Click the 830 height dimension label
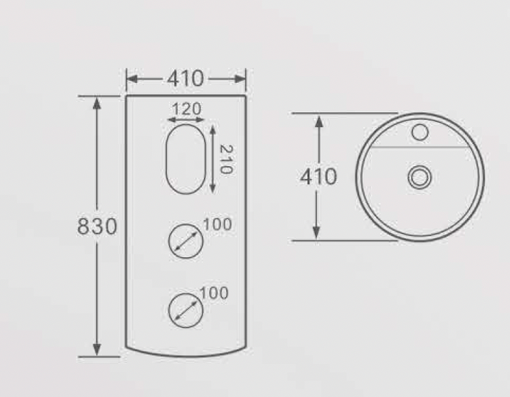[x=97, y=227]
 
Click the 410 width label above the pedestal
[x=185, y=79]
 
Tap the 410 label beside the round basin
[x=318, y=177]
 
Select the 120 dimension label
[x=187, y=109]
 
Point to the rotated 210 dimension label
[x=226, y=160]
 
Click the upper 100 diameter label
[x=217, y=224]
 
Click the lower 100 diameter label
[x=214, y=294]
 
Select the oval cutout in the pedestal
[x=186, y=159]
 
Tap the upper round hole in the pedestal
[x=186, y=241]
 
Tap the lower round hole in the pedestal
[x=186, y=310]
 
